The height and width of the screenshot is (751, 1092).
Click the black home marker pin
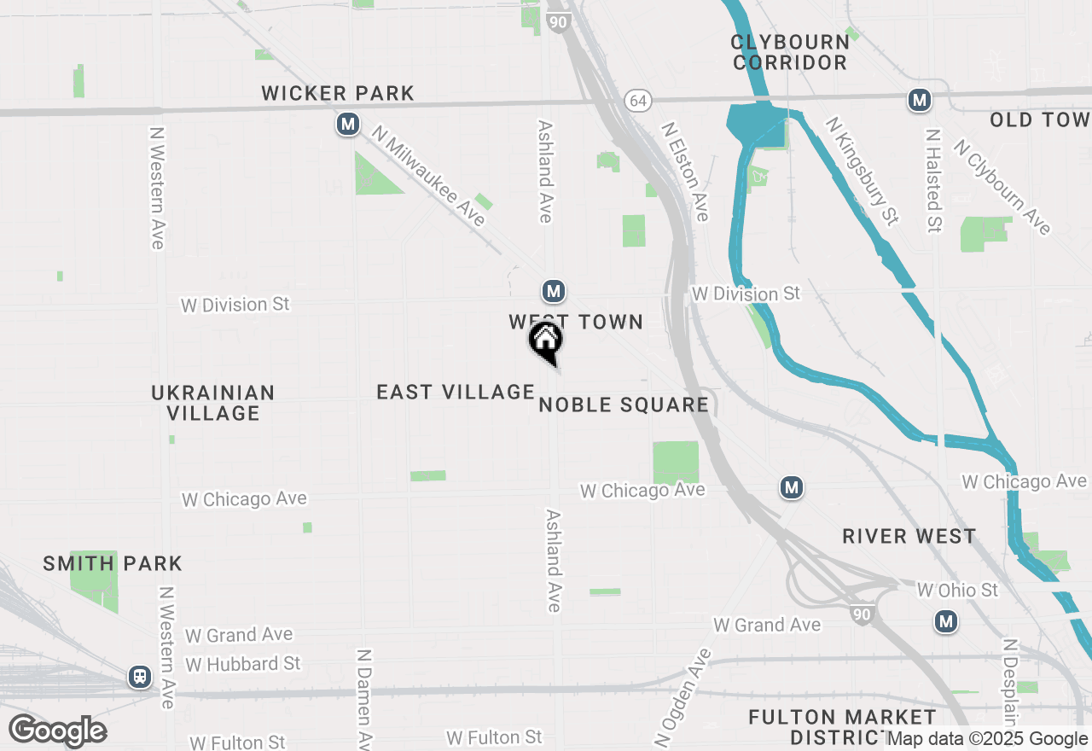tap(546, 341)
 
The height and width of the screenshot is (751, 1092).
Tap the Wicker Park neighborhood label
tap(338, 93)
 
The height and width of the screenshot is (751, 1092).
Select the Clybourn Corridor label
tap(790, 52)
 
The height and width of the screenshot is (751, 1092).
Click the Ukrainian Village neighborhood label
tap(212, 403)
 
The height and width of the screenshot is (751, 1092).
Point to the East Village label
tap(456, 392)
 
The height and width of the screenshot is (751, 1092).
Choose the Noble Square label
tap(624, 405)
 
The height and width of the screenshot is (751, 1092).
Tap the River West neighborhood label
tap(909, 536)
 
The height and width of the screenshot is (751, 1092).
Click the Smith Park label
tap(113, 563)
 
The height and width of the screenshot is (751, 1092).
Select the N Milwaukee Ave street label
tap(429, 178)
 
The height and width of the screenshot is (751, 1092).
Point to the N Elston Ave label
tap(686, 171)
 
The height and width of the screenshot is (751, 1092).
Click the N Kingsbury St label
tap(861, 171)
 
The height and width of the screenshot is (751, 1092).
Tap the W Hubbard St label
tap(243, 663)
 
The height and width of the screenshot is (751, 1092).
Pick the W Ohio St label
tap(957, 590)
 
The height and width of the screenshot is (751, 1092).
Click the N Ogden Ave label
tap(682, 695)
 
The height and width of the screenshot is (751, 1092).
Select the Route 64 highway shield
tap(636, 101)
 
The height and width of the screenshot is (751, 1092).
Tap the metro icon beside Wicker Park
tap(347, 125)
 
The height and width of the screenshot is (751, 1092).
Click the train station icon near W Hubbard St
tap(139, 678)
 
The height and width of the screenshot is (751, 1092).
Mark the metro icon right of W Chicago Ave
tap(792, 487)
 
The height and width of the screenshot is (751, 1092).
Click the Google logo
tap(57, 731)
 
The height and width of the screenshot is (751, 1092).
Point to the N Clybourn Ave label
tap(1002, 187)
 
